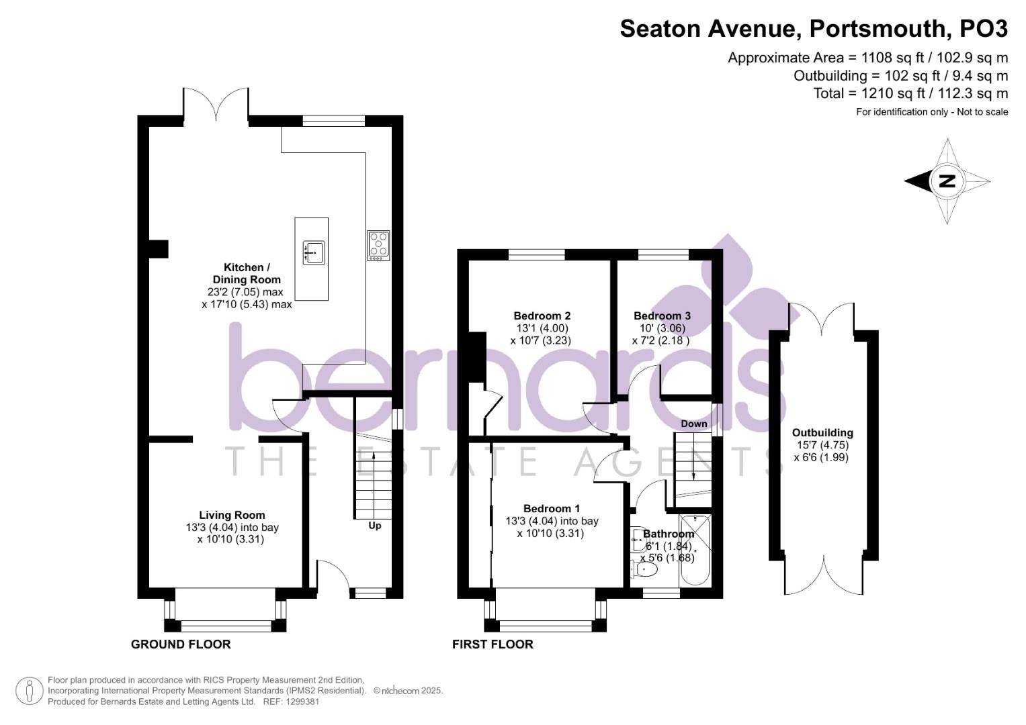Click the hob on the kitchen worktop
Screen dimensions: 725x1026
point(378,246)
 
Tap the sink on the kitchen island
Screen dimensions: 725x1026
point(313,252)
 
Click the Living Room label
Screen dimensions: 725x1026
point(232,516)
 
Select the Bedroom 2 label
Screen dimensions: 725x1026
point(542,316)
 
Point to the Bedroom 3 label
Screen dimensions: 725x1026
point(662,316)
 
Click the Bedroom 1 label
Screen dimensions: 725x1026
point(552,509)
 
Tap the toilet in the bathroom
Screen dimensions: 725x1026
point(644,570)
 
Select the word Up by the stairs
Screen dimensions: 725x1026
point(375,526)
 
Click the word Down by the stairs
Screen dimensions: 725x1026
point(693,424)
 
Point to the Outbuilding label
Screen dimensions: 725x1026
point(822,433)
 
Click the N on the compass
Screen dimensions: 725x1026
point(947,181)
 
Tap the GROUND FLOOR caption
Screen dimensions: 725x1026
point(181,644)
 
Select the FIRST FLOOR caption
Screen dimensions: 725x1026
point(493,644)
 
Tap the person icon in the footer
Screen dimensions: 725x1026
point(29,691)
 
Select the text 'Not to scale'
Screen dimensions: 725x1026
point(982,112)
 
